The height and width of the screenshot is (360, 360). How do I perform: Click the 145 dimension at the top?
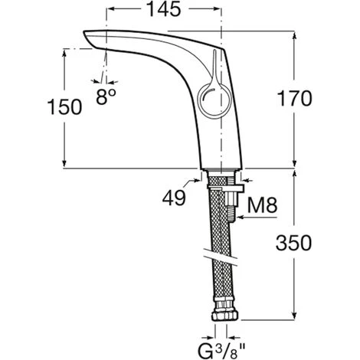pos(164,10)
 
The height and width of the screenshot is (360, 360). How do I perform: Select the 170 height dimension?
pos(295,99)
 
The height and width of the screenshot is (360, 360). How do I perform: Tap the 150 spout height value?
pos(64,107)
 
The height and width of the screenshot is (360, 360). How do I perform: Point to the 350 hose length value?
pos(293,243)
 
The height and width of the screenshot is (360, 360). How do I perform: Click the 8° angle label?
pos(106,97)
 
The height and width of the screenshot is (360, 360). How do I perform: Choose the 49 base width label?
pos(174,198)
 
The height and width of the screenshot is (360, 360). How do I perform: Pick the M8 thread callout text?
pos(262,205)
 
